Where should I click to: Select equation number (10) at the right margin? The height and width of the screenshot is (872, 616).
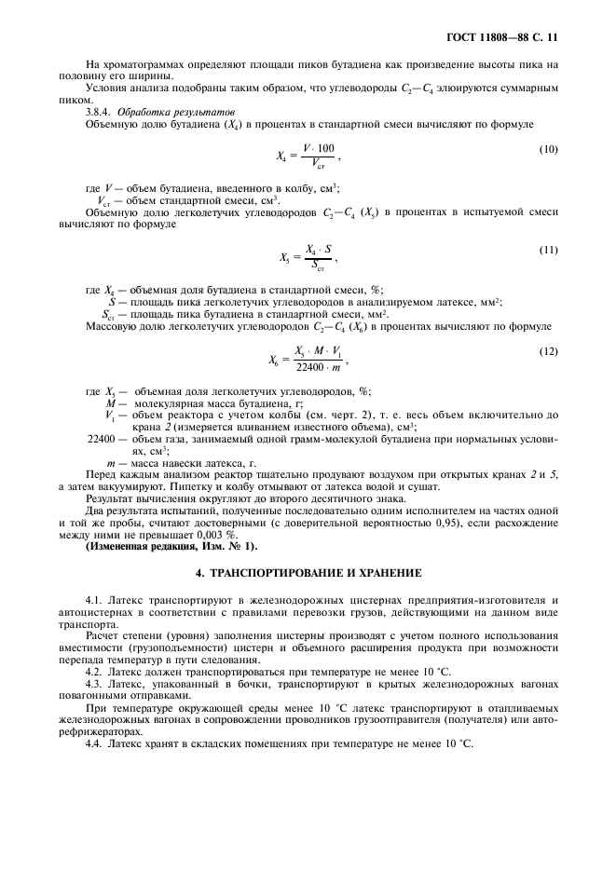549,149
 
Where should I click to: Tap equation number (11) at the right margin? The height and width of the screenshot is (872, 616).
549,250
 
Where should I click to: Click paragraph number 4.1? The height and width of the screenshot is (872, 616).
94,598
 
